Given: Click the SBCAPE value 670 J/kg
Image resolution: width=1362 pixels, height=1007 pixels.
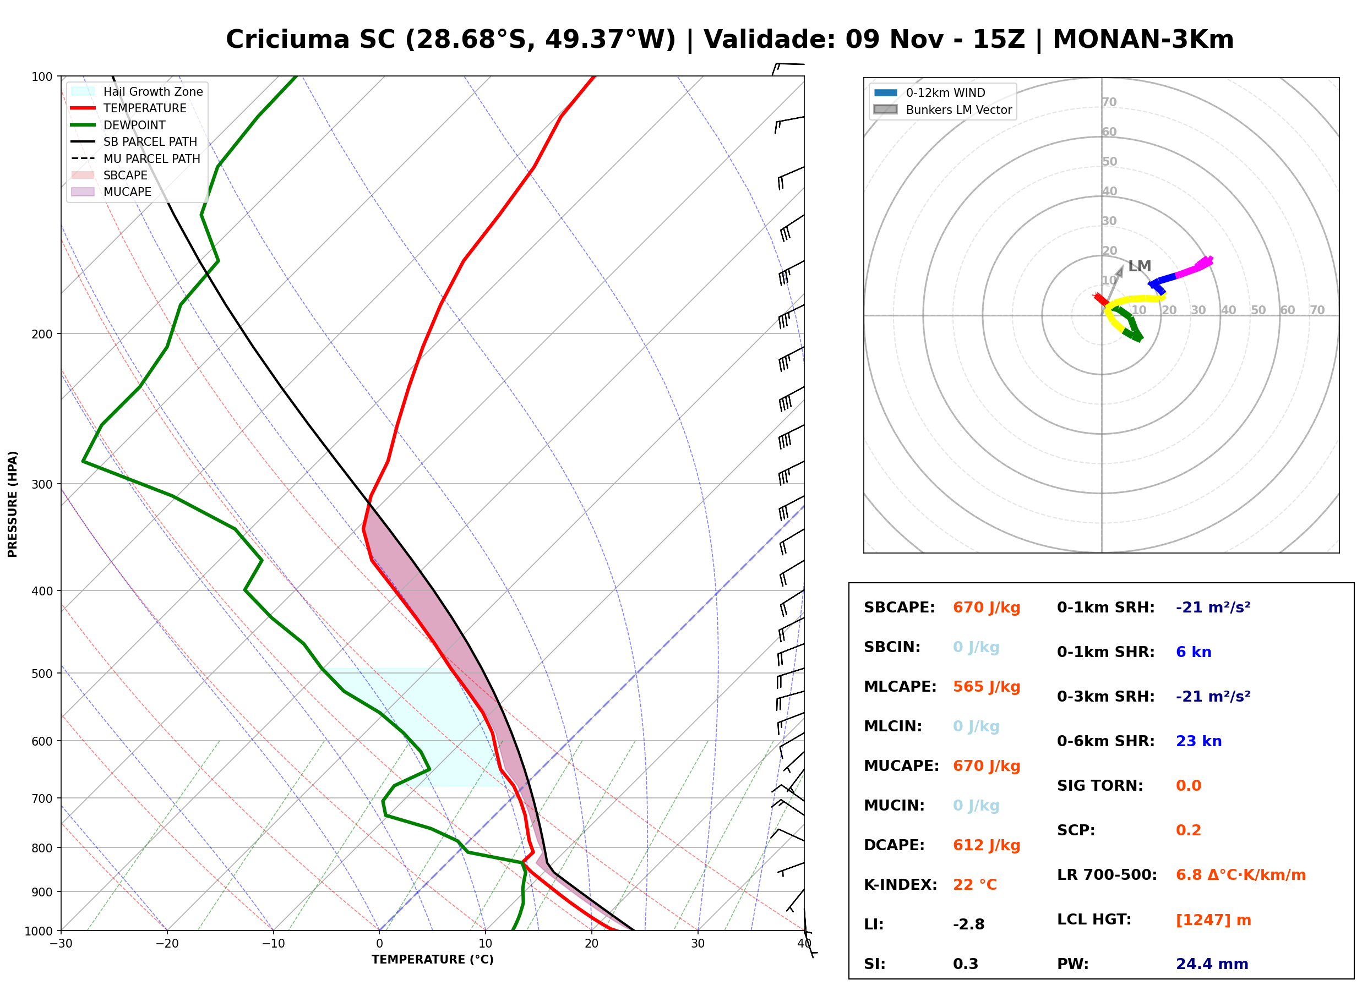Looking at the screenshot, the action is click(986, 608).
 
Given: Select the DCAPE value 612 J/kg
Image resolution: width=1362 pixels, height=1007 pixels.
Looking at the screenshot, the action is click(986, 845).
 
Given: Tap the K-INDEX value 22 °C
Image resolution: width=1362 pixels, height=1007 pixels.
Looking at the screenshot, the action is click(974, 885).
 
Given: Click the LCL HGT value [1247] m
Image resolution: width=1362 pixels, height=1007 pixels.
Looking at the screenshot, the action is click(1213, 920).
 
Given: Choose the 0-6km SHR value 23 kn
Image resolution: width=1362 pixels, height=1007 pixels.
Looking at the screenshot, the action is click(1198, 741).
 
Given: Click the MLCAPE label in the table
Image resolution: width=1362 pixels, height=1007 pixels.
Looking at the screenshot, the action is click(900, 687).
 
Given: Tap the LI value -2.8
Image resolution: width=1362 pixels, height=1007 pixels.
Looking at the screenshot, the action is click(968, 924).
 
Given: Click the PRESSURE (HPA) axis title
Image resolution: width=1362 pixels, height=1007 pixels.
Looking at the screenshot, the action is click(13, 504).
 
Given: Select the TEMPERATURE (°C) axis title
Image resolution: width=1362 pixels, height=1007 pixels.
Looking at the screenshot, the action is click(432, 960).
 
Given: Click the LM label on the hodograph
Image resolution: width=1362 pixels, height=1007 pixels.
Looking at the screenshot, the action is click(1139, 266).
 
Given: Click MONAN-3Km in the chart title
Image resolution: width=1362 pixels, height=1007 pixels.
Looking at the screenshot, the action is click(1143, 40).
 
